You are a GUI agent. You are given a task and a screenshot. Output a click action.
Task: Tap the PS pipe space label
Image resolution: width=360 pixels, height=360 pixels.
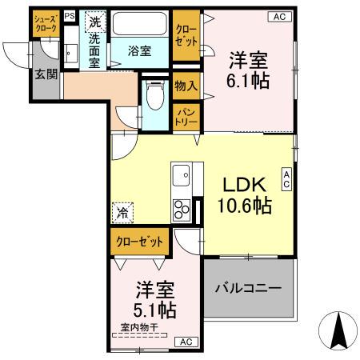coord(69,15)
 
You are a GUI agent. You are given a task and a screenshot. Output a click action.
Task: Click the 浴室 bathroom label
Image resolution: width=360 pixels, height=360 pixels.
coord(140,51)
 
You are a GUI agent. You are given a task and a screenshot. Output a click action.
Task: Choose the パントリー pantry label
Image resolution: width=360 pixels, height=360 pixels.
coord(186,118)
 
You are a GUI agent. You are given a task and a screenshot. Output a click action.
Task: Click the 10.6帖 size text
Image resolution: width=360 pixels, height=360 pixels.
coord(243,206)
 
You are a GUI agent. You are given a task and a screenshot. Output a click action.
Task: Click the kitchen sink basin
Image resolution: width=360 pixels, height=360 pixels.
coord(181,174)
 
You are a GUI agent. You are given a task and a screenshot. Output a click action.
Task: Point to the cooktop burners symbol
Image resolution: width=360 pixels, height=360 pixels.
coord(182,207)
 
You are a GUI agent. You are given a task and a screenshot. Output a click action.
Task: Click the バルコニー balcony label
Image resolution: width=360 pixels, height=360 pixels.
coord(248,288)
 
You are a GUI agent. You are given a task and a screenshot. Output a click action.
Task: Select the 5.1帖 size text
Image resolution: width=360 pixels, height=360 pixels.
coord(153,309)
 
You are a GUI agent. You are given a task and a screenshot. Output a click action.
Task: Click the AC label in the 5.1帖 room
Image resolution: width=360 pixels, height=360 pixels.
coord(185,342)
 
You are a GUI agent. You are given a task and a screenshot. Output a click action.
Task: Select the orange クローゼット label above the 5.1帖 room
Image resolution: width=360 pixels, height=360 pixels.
coord(138,240)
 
